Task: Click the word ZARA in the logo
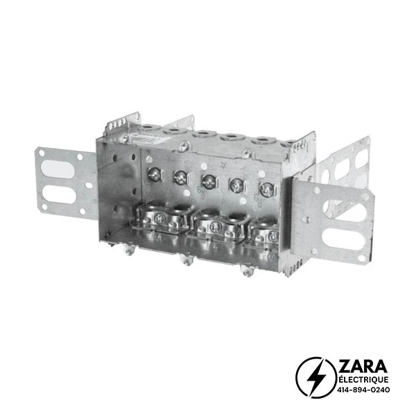click(363, 367)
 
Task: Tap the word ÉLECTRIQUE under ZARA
click(363, 380)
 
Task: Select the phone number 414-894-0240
click(363, 390)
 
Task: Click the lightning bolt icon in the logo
click(317, 377)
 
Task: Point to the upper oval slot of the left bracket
click(58, 169)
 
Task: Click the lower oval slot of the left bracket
click(59, 194)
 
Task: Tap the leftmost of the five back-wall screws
click(154, 174)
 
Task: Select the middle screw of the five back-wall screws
click(209, 182)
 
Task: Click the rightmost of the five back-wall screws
click(267, 189)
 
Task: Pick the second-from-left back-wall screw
click(180, 177)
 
